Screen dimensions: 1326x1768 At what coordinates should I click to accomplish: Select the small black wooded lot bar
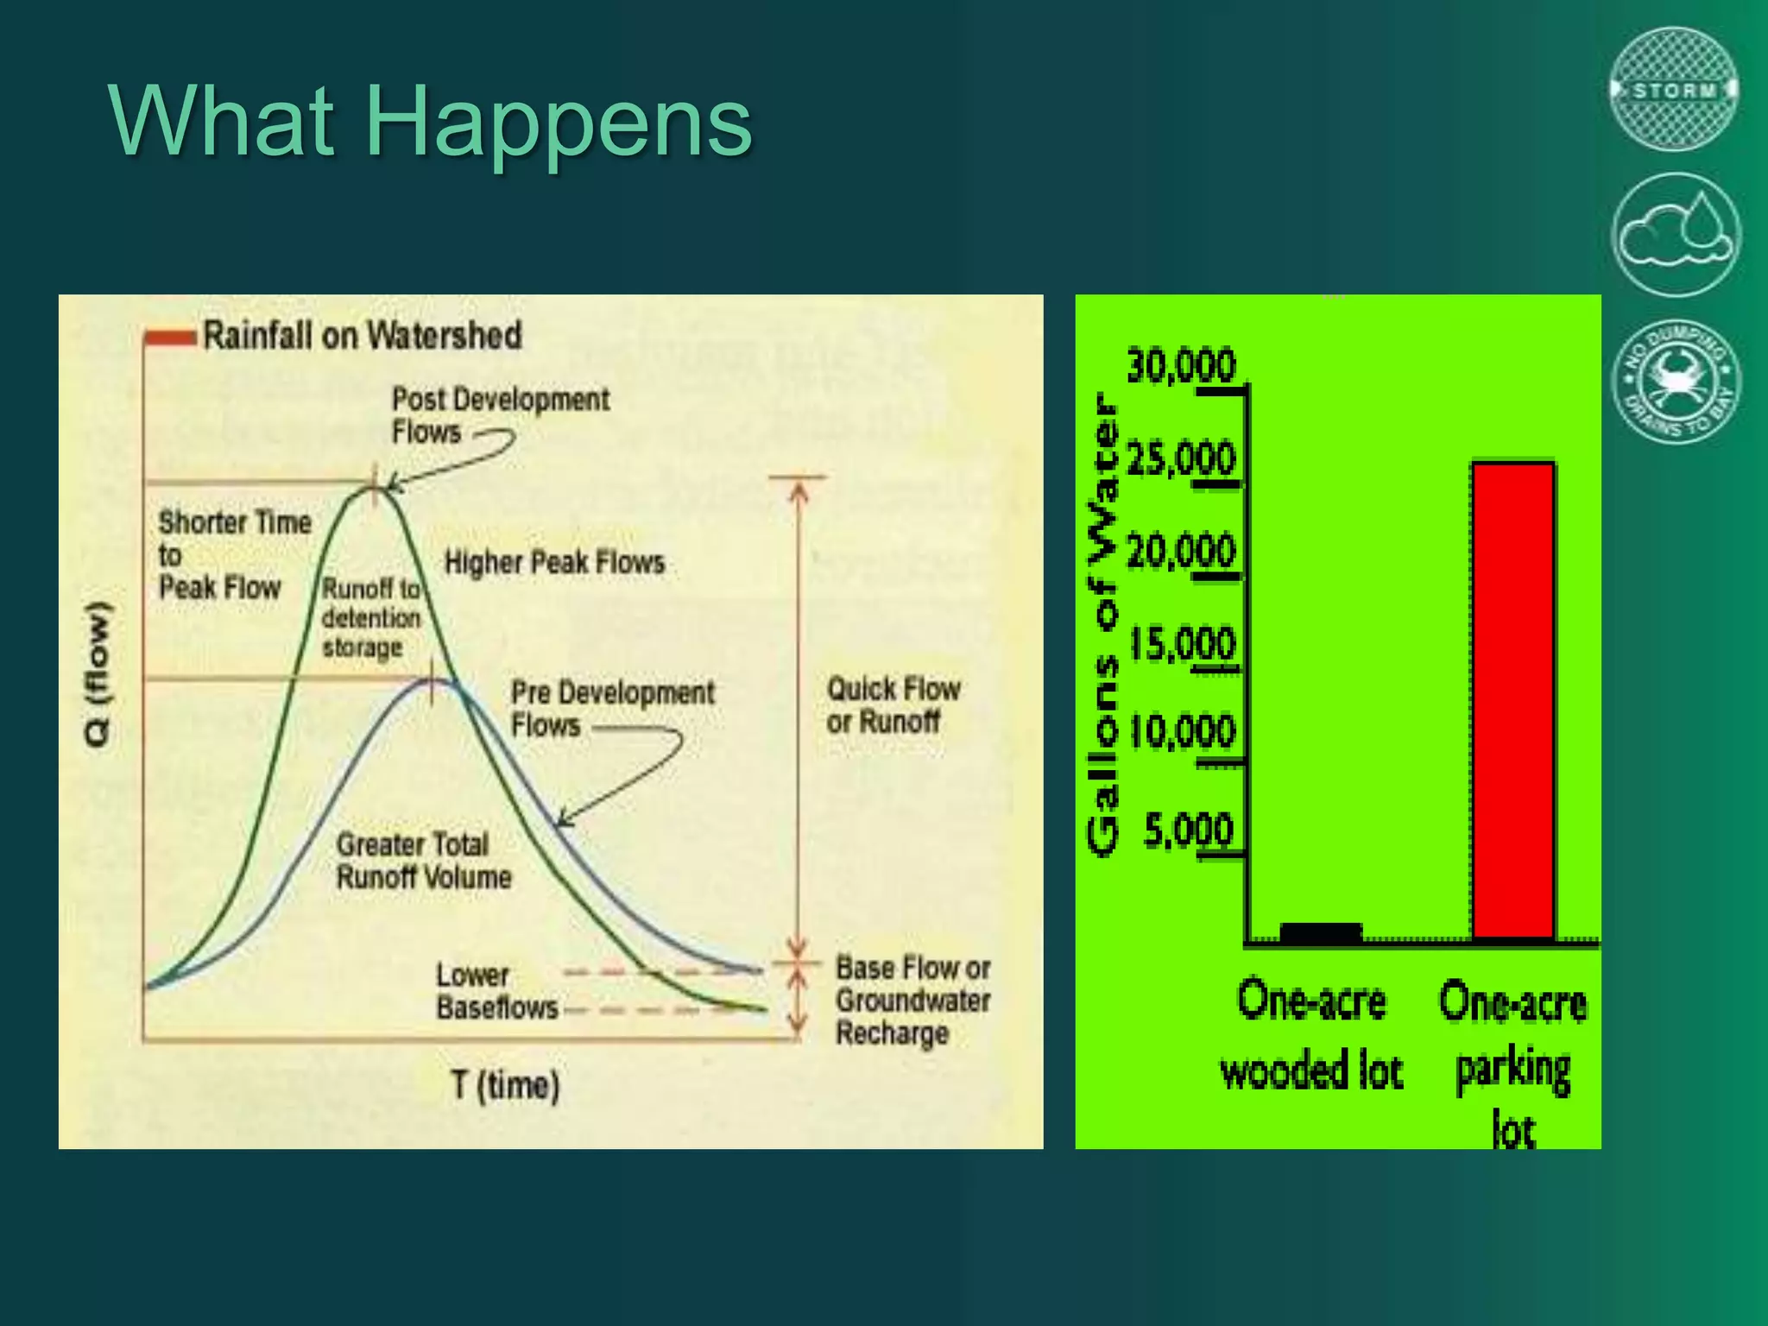pos(1320,932)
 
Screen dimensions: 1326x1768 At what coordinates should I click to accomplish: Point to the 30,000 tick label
pos(1181,366)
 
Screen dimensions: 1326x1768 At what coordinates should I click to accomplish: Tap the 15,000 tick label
pos(1183,644)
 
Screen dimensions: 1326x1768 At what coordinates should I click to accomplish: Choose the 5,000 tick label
pos(1189,830)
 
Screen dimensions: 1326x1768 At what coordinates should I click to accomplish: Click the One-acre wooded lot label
pos(1311,1036)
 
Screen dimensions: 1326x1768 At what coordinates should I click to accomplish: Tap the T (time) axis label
pos(505,1084)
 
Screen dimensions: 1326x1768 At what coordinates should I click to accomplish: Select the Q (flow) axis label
pos(98,673)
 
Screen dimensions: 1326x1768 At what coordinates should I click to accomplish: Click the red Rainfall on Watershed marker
pos(170,337)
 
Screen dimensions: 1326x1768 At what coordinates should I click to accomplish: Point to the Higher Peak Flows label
pos(554,563)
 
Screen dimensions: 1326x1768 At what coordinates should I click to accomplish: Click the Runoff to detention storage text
pos(371,618)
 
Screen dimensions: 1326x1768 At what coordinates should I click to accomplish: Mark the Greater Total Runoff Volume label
pos(423,861)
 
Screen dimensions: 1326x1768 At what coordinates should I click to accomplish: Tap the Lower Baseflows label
pos(496,991)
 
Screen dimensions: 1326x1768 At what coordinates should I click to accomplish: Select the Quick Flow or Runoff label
pos(893,704)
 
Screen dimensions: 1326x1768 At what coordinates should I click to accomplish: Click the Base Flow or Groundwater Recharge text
pos(912,1000)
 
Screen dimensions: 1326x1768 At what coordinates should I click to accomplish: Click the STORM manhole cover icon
pos(1674,90)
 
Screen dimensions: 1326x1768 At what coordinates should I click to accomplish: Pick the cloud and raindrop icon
pos(1675,234)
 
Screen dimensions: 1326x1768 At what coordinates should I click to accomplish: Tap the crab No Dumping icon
pos(1676,381)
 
